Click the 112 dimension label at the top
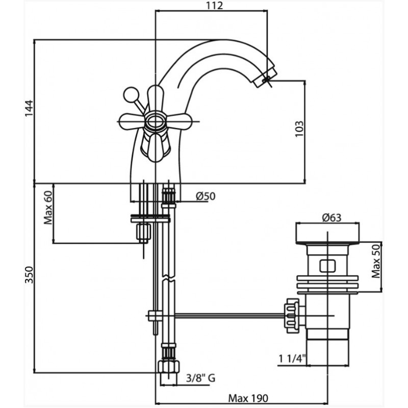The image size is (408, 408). [x=215, y=6]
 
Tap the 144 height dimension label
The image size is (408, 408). [x=29, y=108]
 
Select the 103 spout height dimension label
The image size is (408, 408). [x=299, y=129]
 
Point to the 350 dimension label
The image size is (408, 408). [x=29, y=275]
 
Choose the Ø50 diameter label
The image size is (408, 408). [x=206, y=196]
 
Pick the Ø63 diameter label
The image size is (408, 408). [x=331, y=217]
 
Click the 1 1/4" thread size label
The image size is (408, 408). [x=292, y=359]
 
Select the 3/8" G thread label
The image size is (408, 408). [x=200, y=378]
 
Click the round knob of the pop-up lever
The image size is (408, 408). [x=130, y=95]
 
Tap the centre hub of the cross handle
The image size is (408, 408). [x=155, y=121]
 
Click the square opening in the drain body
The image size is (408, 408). [x=327, y=266]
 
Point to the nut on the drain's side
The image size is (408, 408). [x=293, y=316]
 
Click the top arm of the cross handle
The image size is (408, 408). [x=156, y=98]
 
